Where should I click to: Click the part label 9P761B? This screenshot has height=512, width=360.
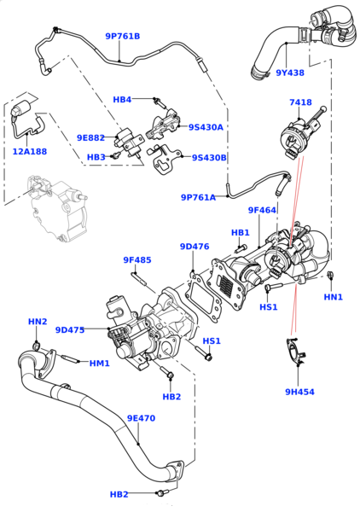click(x=122, y=37)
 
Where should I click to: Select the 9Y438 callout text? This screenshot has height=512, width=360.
click(x=289, y=73)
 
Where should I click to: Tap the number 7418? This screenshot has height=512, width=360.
click(x=300, y=102)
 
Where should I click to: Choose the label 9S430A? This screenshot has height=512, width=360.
click(x=206, y=127)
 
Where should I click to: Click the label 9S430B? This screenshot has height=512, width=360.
click(x=208, y=157)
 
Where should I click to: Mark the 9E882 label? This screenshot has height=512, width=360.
click(x=90, y=137)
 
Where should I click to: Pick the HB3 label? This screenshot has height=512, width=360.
click(x=96, y=157)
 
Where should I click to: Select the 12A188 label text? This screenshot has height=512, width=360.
click(x=30, y=152)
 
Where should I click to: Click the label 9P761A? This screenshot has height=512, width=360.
click(x=198, y=197)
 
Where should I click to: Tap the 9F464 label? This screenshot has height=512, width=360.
click(x=262, y=210)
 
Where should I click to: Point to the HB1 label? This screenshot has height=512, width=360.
click(x=240, y=232)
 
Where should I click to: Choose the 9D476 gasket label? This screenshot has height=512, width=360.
click(x=195, y=247)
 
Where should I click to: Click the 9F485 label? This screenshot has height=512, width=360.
click(x=136, y=259)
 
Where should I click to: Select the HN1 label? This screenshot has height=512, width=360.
click(x=333, y=297)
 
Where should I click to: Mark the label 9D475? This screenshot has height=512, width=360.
click(x=70, y=329)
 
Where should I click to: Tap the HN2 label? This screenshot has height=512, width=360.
click(x=38, y=322)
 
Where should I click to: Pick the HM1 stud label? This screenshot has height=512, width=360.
click(x=100, y=364)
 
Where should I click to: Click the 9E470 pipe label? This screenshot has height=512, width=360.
click(x=141, y=418)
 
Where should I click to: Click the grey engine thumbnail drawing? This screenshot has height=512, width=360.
click(x=55, y=209)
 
